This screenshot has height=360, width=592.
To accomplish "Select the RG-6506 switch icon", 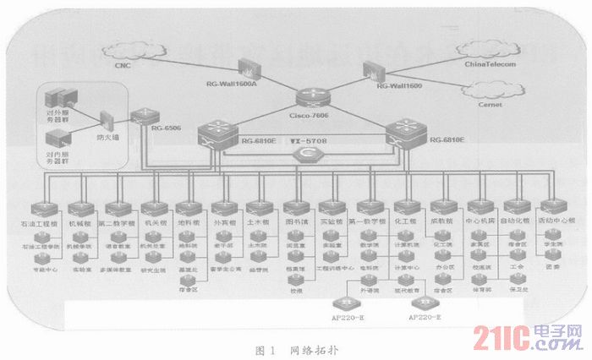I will pos(146,117).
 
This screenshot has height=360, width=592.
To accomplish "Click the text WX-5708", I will pos(308,140).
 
